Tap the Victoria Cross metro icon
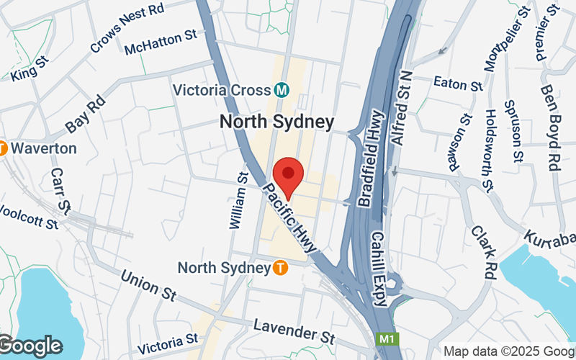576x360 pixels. click(282, 90)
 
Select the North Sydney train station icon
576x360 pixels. click(281, 268)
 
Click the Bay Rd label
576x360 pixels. click(85, 115)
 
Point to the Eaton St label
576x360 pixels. click(458, 84)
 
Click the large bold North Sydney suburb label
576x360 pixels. click(276, 122)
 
